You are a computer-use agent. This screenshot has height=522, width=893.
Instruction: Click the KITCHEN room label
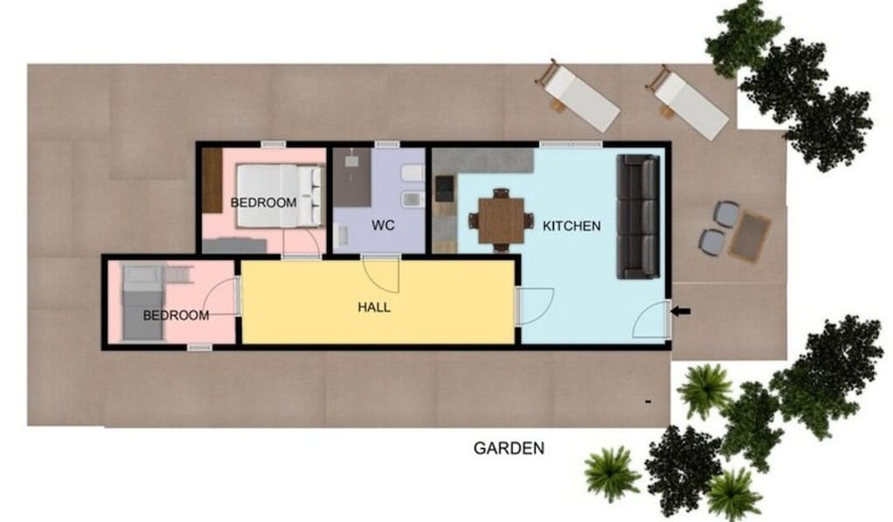[571, 227]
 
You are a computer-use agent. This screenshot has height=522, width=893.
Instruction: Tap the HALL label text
[374, 308]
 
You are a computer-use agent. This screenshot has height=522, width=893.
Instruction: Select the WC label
[383, 226]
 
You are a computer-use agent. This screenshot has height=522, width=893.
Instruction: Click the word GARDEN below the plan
[508, 449]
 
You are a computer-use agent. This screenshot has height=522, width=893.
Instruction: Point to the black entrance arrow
[682, 310]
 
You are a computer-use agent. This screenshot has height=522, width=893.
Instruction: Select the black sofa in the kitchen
[638, 216]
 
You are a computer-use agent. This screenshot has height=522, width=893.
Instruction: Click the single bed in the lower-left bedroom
[140, 303]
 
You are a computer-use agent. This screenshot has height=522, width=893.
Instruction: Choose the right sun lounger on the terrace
[689, 102]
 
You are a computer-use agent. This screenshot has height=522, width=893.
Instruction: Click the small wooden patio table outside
[750, 237]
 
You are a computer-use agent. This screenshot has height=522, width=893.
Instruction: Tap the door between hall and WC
[381, 273]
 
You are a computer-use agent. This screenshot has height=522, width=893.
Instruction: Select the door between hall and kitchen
[534, 306]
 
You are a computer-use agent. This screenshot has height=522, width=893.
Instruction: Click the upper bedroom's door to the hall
[302, 244]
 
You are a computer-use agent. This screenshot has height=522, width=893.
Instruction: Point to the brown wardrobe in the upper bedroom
[213, 180]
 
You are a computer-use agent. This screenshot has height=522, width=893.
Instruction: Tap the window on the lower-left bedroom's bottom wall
[200, 348]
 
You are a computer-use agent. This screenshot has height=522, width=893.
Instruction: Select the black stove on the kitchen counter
[444, 187]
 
